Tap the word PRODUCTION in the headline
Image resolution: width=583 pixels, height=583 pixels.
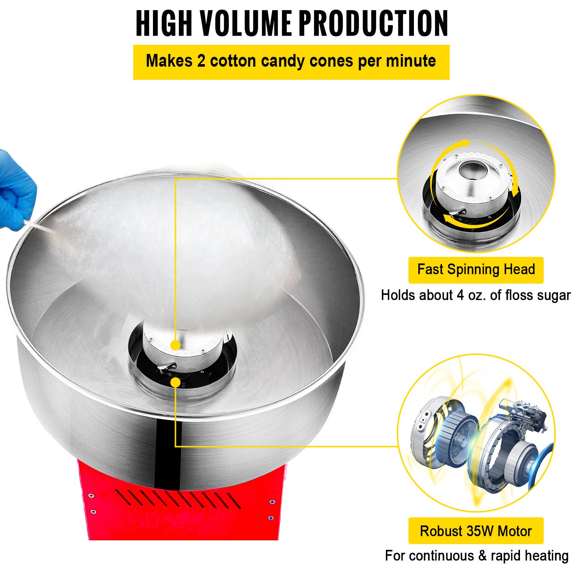[x=374, y=23]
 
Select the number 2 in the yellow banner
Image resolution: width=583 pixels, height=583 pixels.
[x=201, y=61]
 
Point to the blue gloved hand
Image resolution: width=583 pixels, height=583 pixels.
[x=16, y=189]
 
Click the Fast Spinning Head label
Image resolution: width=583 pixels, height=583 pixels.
[x=476, y=270]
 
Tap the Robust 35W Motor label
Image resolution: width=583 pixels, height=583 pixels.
[x=476, y=531]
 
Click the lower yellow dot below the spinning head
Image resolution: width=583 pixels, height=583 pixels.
[x=175, y=382]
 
